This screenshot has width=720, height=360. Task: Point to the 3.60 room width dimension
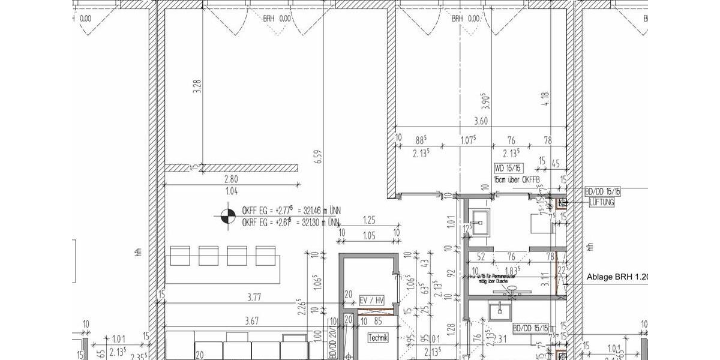pyautogui.click(x=481, y=122)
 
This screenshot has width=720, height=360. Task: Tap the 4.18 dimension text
pyautogui.click(x=545, y=98)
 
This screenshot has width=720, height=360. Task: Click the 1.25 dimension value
pyautogui.click(x=369, y=221)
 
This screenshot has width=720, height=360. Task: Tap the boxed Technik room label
pyautogui.click(x=379, y=338)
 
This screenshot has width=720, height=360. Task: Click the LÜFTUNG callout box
pyautogui.click(x=602, y=203)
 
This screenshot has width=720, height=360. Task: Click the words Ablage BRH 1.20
pyautogui.click(x=618, y=278)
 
